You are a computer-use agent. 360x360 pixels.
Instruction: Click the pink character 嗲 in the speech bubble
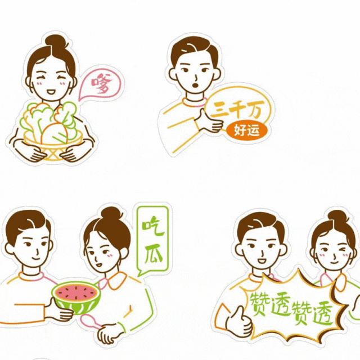[102, 83]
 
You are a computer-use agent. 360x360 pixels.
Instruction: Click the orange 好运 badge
[247, 130]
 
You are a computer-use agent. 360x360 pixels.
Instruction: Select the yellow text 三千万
[237, 110]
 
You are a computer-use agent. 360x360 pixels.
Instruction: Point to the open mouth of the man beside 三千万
[195, 85]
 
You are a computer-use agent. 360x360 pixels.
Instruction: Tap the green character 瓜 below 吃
[154, 254]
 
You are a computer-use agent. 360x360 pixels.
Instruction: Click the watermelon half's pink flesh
[76, 292]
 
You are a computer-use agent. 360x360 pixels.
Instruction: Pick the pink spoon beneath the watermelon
[90, 321]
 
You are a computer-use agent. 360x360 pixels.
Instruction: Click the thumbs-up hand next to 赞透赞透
[238, 322]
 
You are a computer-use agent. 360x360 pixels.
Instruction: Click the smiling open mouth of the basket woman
[51, 92]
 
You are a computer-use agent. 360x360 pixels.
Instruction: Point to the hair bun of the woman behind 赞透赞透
[337, 216]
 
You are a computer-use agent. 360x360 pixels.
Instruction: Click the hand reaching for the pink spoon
[109, 334]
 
